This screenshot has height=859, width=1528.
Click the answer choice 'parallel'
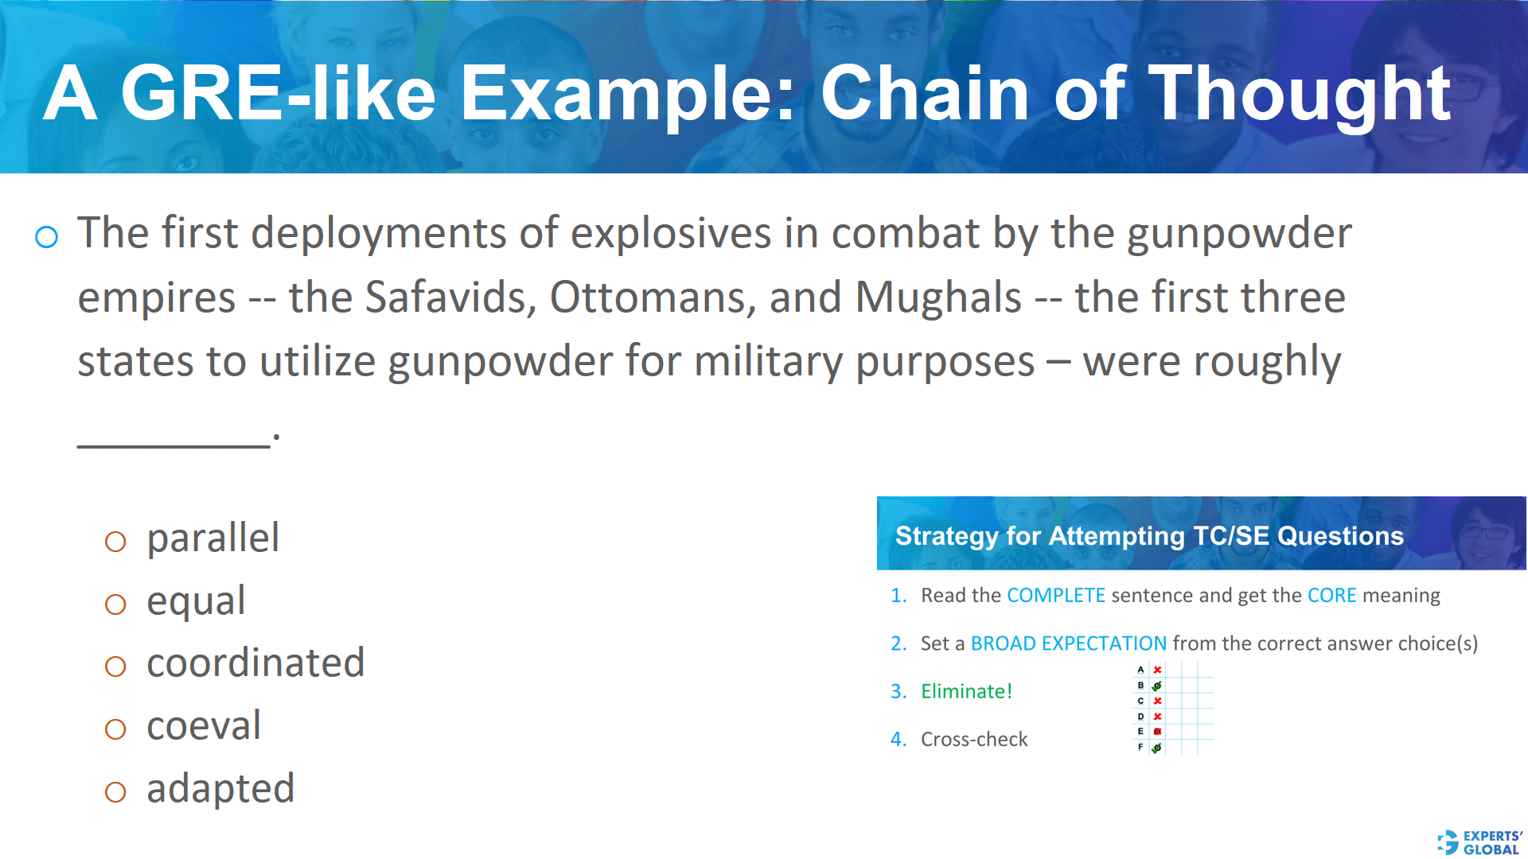click(x=212, y=538)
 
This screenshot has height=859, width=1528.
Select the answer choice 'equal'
click(x=196, y=601)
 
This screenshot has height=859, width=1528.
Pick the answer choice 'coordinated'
click(x=255, y=663)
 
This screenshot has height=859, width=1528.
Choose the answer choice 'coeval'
click(x=204, y=726)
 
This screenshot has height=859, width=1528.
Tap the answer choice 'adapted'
click(x=220, y=789)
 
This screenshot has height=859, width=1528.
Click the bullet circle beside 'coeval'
click(x=115, y=729)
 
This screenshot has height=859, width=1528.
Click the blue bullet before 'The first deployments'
click(x=47, y=237)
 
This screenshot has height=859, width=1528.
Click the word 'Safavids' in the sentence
click(x=450, y=297)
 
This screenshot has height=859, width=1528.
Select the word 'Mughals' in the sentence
click(x=937, y=297)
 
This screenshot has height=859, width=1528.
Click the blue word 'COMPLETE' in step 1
click(x=1056, y=596)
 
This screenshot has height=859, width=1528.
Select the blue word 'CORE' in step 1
click(x=1331, y=596)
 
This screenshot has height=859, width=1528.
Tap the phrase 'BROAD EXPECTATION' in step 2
click(x=1068, y=643)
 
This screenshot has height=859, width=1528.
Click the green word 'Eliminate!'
click(x=966, y=691)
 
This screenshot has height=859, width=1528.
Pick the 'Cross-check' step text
click(x=974, y=740)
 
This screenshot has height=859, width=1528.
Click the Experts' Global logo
click(x=1479, y=842)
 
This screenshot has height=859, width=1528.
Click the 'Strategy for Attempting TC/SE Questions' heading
click(x=1149, y=536)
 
